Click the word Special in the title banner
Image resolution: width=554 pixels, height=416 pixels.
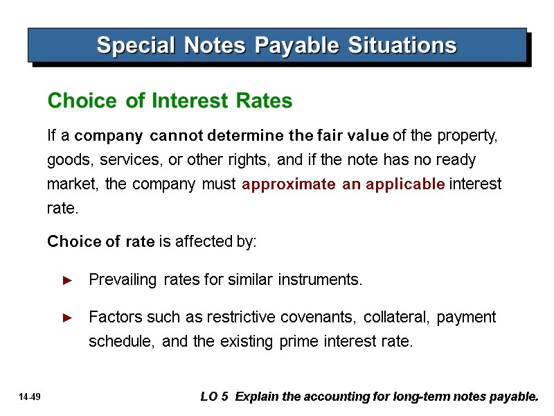pyautogui.click(x=129, y=46)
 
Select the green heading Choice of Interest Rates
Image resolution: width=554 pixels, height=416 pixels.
pyautogui.click(x=170, y=101)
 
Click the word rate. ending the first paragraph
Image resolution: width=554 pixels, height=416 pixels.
pyautogui.click(x=62, y=209)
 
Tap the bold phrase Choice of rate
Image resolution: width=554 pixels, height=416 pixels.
pyautogui.click(x=100, y=242)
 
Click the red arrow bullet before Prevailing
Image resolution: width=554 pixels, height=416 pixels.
pyautogui.click(x=67, y=281)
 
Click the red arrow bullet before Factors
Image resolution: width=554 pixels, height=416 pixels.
pyautogui.click(x=67, y=318)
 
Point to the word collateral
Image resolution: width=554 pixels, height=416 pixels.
pyautogui.click(x=397, y=318)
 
